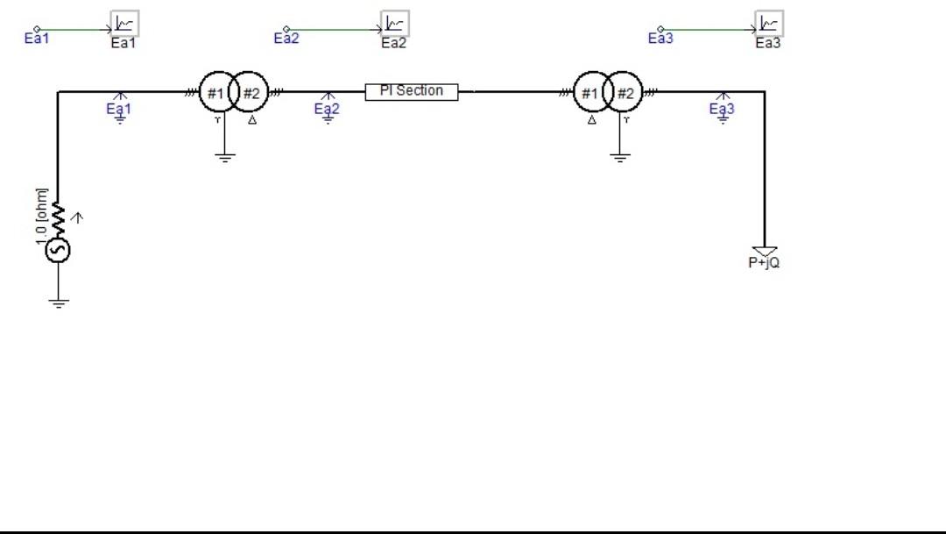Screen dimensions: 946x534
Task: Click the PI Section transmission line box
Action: click(411, 91)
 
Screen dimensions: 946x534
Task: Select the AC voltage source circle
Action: click(58, 251)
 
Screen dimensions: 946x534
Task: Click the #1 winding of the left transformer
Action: click(215, 93)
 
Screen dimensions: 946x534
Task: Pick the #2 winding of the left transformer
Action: click(251, 93)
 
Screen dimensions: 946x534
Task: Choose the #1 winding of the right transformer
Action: click(589, 93)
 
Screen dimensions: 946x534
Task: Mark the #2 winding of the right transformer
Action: click(625, 93)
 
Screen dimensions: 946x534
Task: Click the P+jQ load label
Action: click(764, 262)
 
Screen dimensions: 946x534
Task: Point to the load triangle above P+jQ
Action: click(764, 251)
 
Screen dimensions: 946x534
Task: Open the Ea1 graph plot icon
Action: click(124, 24)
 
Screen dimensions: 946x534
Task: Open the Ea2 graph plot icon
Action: click(394, 24)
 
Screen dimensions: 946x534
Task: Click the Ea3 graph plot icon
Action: click(768, 24)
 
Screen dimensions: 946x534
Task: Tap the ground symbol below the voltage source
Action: click(59, 303)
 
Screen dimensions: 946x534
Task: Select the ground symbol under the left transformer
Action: click(225, 158)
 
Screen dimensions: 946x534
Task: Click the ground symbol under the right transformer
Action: click(620, 158)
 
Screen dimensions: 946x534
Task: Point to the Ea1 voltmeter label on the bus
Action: click(118, 110)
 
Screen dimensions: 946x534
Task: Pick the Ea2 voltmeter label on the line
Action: click(327, 110)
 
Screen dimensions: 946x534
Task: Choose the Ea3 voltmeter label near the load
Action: click(722, 110)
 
